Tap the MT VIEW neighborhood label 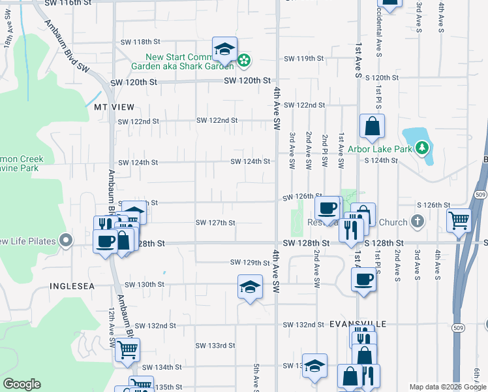114,106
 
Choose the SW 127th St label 215,223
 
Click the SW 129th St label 250,263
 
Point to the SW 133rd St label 215,346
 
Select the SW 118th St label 140,42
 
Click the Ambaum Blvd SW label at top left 66,44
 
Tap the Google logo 22,384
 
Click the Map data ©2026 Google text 447,387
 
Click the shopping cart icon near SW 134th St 127,350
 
